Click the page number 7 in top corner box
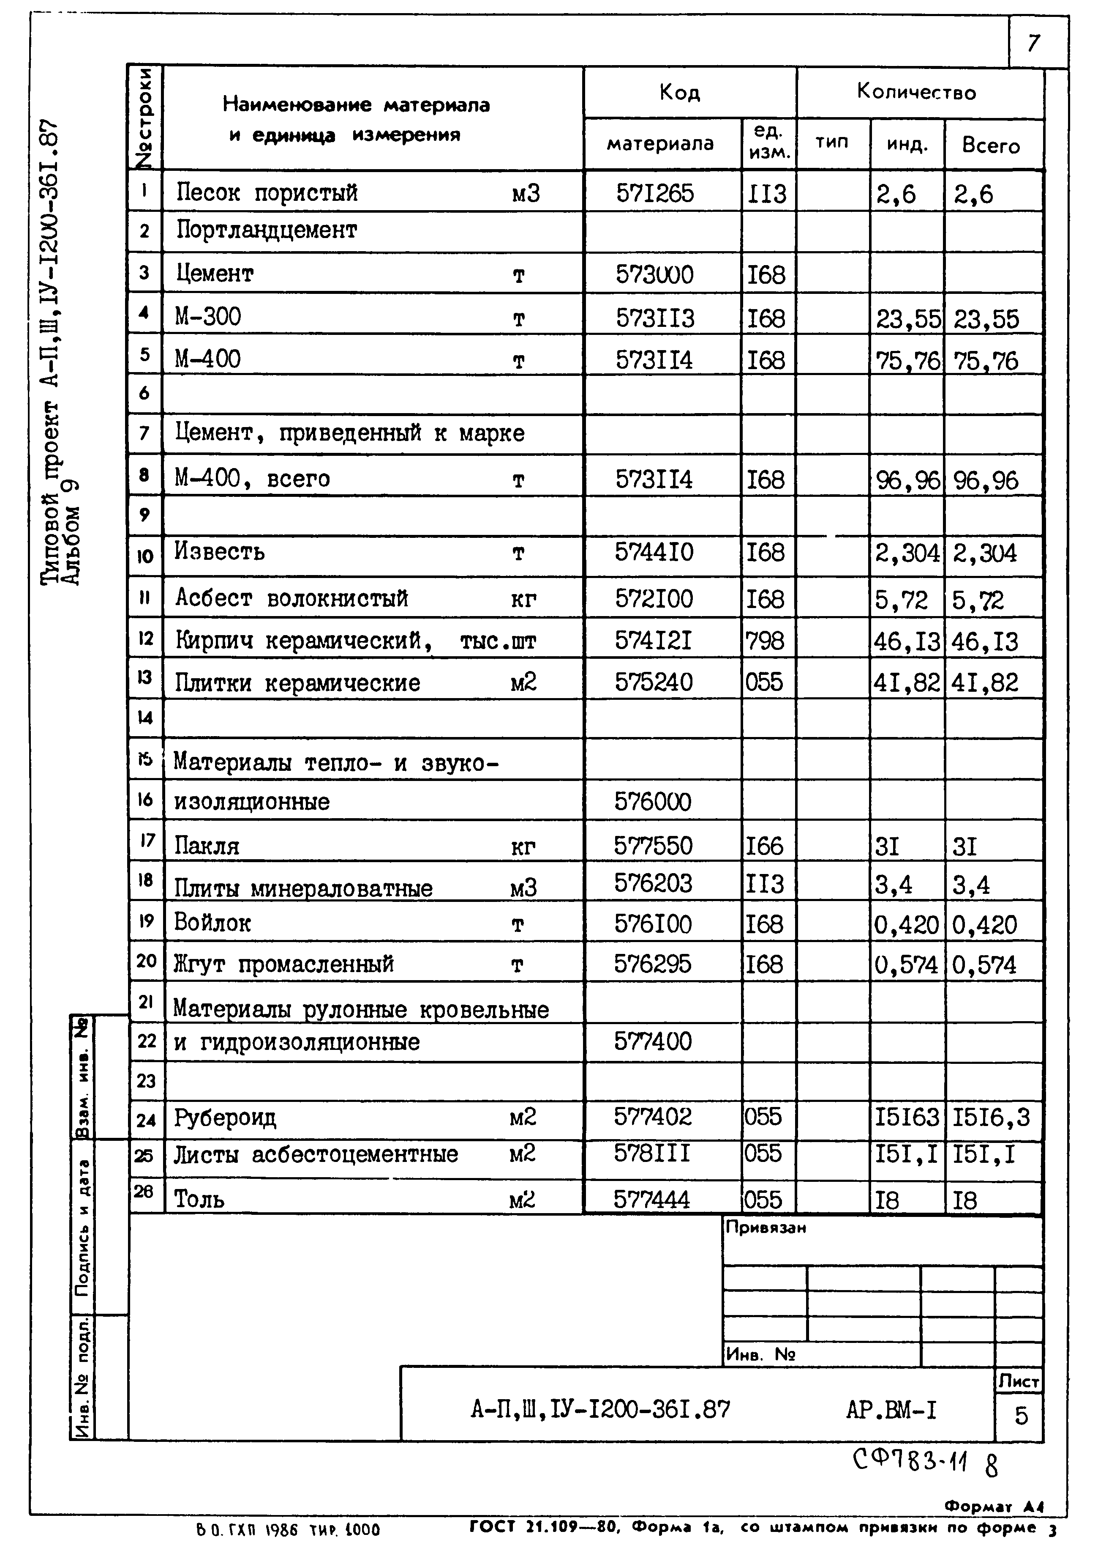pyautogui.click(x=1033, y=43)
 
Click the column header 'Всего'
pyautogui.click(x=991, y=145)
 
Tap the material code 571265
pyautogui.click(x=654, y=194)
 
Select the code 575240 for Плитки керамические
pyautogui.click(x=654, y=681)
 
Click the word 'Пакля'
pyautogui.click(x=207, y=846)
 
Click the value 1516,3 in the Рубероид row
pyautogui.click(x=991, y=1117)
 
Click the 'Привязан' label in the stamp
pyautogui.click(x=766, y=1228)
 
